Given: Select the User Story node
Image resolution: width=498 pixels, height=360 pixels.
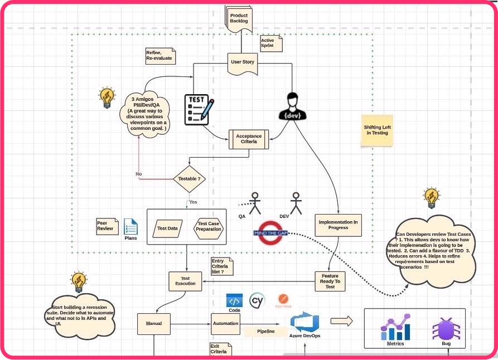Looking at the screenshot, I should coord(242,62).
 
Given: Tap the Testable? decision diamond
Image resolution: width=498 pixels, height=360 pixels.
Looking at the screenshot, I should coord(188,179).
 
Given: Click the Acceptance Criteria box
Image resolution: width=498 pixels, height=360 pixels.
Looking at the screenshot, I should coord(249,139).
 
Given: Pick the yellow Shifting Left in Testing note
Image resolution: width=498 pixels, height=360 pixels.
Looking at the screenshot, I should coord(377,130).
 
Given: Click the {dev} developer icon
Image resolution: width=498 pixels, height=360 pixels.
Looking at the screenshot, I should coord(293,105).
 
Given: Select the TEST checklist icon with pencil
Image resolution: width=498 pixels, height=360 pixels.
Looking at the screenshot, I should coord(199,109).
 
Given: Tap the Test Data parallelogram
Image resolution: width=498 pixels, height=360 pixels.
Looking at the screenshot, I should coord(168,228).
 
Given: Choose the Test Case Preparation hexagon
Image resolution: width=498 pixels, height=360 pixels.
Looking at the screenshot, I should coord(208,226).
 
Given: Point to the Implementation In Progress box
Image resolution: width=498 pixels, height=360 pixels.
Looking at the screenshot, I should coord(338,225).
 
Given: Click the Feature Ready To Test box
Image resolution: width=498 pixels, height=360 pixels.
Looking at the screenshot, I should coord(330,281).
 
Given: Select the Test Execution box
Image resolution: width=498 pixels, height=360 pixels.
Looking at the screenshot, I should coord(185,280).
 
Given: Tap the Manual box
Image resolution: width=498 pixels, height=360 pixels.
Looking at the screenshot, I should coord(154,323).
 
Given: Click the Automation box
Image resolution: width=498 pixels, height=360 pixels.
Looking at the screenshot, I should coord(226,323).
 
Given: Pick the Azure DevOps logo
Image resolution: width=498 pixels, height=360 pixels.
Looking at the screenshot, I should coord(304,323).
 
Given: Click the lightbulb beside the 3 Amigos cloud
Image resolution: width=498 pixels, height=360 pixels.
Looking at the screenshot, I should coord(107,98).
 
